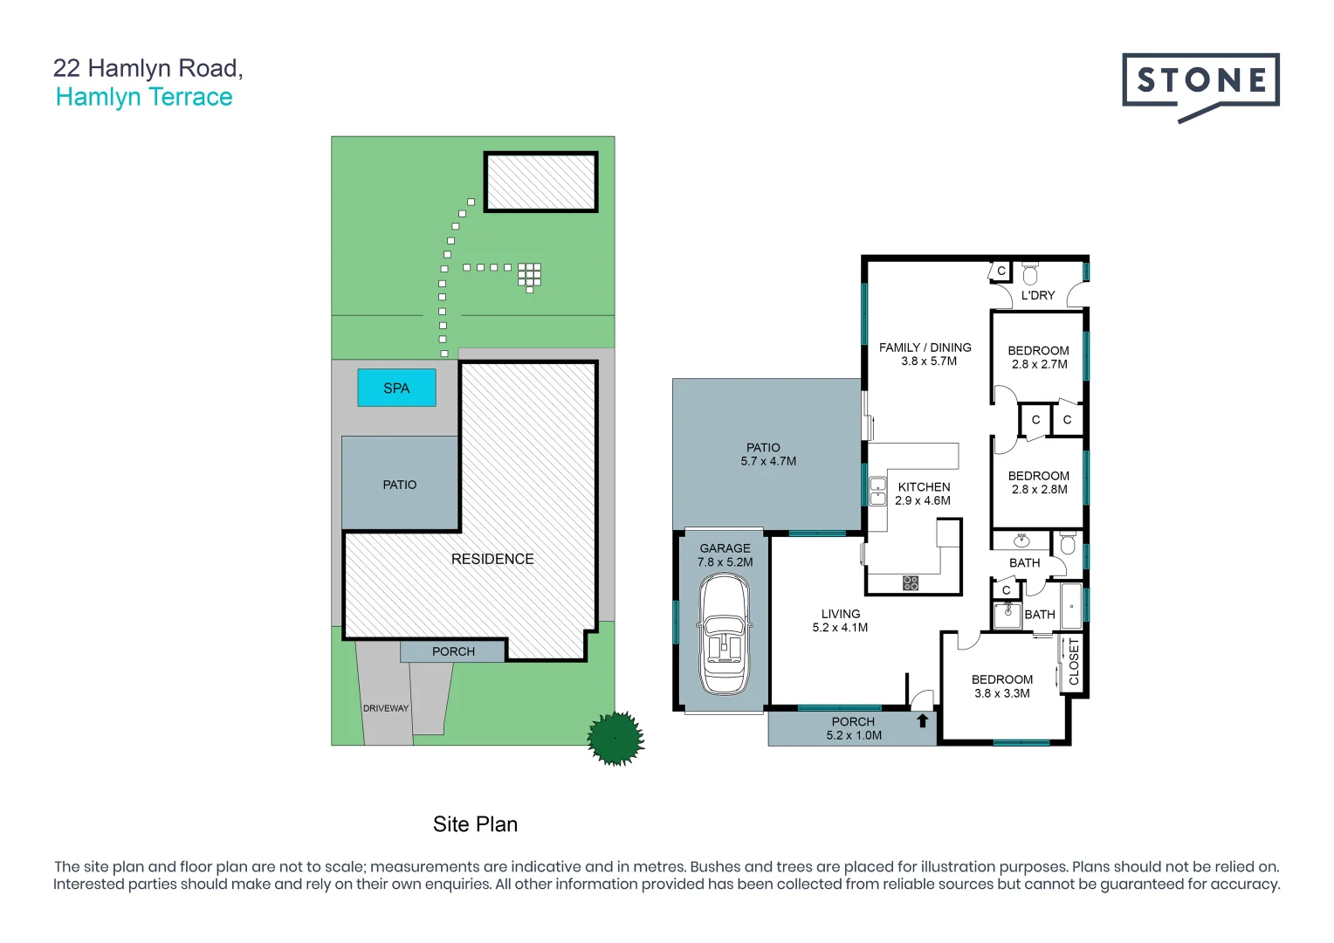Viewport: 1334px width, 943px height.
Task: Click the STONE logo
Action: tap(1200, 83)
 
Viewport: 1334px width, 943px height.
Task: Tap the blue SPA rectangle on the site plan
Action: tap(396, 388)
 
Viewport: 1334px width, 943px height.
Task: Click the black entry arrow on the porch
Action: tap(922, 721)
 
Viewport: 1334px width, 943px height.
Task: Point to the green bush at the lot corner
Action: tap(615, 739)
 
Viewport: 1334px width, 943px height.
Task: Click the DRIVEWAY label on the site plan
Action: tap(386, 708)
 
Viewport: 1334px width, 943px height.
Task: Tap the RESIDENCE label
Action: tap(492, 559)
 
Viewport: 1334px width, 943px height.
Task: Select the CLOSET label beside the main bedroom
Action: tap(1074, 662)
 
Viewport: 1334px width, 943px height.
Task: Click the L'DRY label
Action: tap(1038, 295)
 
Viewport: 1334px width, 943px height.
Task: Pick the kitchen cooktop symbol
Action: tap(911, 582)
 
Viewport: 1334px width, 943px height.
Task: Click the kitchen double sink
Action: tap(877, 492)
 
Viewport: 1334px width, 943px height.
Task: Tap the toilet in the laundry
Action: tap(1030, 274)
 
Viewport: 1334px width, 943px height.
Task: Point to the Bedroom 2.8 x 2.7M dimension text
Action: tap(1039, 364)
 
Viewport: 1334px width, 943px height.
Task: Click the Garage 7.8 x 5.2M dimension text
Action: tap(725, 562)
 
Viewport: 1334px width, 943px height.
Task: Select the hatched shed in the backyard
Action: tap(541, 182)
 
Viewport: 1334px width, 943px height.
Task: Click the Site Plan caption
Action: tap(475, 824)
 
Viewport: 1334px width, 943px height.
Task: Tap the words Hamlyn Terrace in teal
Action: tap(144, 97)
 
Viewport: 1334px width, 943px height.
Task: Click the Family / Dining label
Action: tap(925, 348)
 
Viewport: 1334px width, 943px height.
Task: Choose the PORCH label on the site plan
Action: tap(453, 651)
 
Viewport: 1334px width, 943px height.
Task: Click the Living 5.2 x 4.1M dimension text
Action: tap(840, 628)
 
